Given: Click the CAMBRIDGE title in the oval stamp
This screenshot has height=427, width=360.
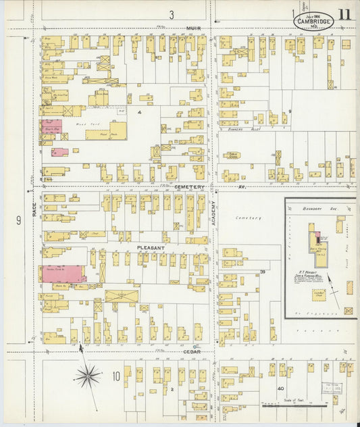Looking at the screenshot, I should click(312, 22).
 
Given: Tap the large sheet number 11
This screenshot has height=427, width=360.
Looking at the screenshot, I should click(344, 14).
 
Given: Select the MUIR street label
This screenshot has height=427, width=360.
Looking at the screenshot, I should click(194, 28).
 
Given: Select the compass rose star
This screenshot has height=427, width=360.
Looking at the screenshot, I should click(87, 376).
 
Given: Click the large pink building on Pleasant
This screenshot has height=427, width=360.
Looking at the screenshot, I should click(62, 274).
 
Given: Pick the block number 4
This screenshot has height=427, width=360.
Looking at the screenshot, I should click(139, 110).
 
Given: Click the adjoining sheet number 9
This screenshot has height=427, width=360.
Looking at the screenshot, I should click(18, 220).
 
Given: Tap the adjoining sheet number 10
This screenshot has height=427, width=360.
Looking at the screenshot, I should click(115, 376).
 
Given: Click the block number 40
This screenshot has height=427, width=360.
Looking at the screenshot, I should click(280, 388).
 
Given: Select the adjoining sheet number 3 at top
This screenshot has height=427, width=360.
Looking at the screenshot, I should click(172, 14).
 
